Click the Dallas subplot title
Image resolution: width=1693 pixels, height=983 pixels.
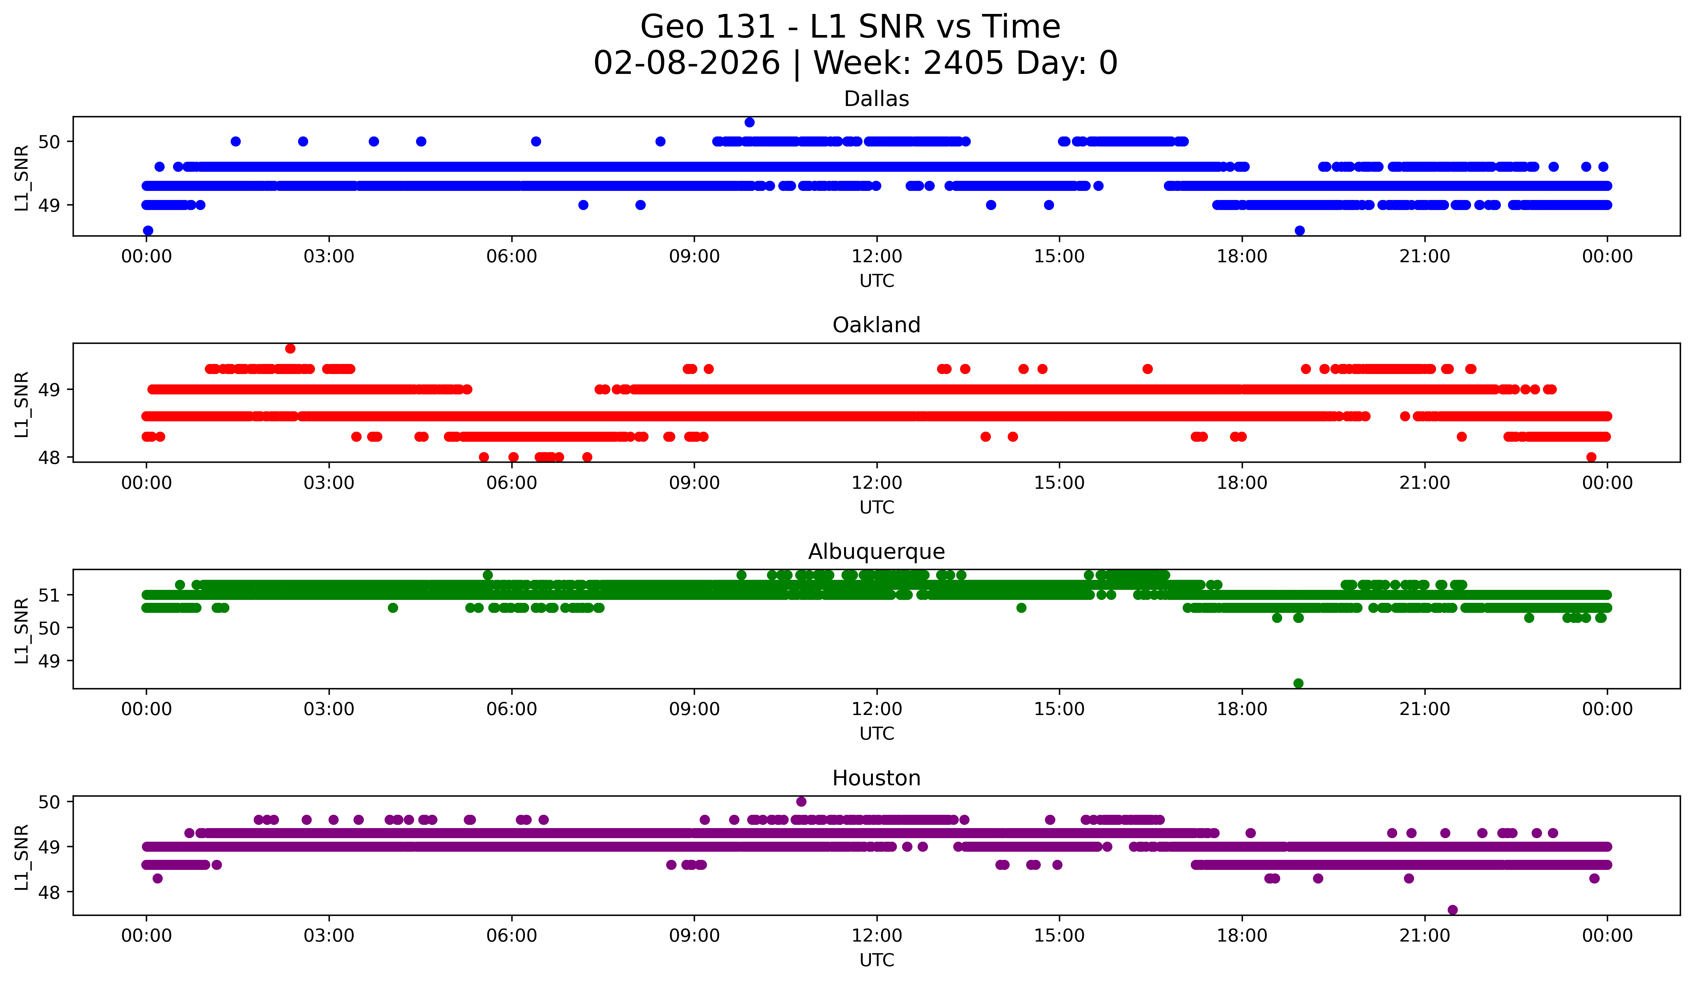tap(876, 99)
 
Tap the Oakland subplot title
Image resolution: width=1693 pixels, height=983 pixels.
tap(876, 325)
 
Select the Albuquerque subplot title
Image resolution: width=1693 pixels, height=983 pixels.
tap(876, 552)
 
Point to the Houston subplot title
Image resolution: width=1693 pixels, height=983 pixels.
tap(876, 778)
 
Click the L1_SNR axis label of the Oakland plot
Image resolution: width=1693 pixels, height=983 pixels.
tap(21, 404)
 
